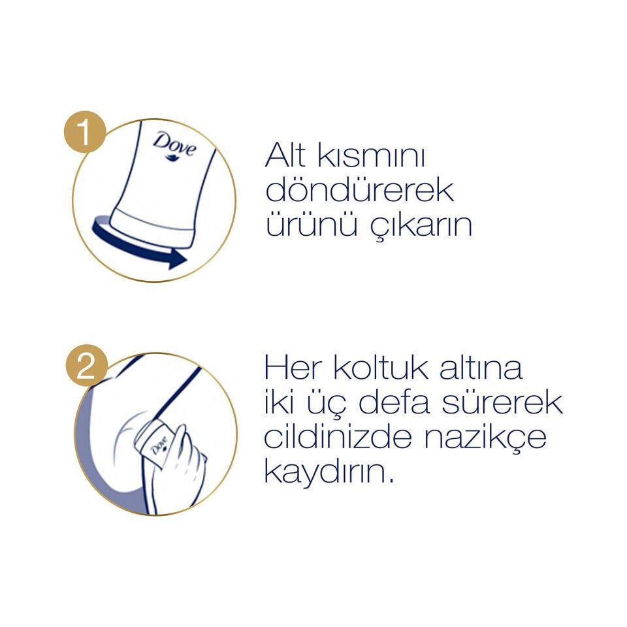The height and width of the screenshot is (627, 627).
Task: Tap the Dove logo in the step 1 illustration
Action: click(174, 145)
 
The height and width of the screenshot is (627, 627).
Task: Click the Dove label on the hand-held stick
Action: click(158, 447)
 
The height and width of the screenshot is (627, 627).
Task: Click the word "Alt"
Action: click(290, 157)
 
